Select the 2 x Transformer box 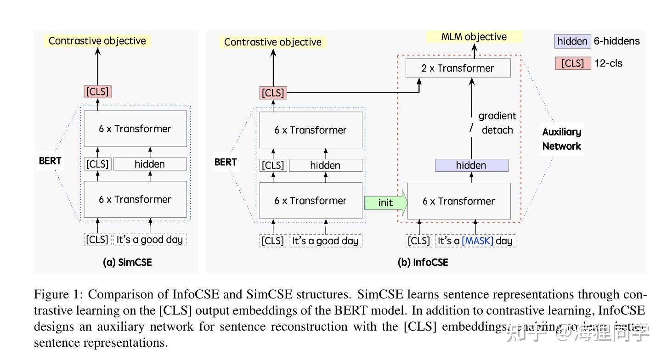coord(458,68)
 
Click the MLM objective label coord(474,37)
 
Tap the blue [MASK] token coord(477,241)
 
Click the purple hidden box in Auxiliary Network coord(471,165)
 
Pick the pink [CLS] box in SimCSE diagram coord(97,91)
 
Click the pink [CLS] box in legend coord(572,63)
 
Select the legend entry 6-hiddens coord(616,41)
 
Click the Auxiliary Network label coord(561,139)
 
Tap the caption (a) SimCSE coord(127,262)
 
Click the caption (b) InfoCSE coord(423,262)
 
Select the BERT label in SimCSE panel coord(50,161)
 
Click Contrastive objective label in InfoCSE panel coord(273,42)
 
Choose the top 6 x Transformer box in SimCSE coord(135,129)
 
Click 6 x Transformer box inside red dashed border coord(458,201)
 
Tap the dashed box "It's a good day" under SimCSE coord(150,240)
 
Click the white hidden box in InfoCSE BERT coord(325,165)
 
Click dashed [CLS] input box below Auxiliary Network coord(418,241)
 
